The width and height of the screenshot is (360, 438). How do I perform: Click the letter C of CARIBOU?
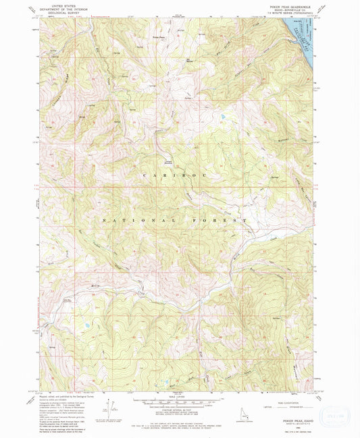tap(145, 175)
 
